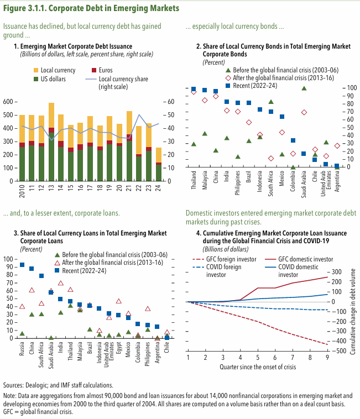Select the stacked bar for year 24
click(x=159, y=164)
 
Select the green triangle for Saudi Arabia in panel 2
click(x=304, y=88)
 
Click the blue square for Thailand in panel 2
click(x=194, y=89)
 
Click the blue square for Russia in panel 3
click(x=22, y=265)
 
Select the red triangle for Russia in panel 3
click(x=22, y=306)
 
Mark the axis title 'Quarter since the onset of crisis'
click(x=258, y=367)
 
